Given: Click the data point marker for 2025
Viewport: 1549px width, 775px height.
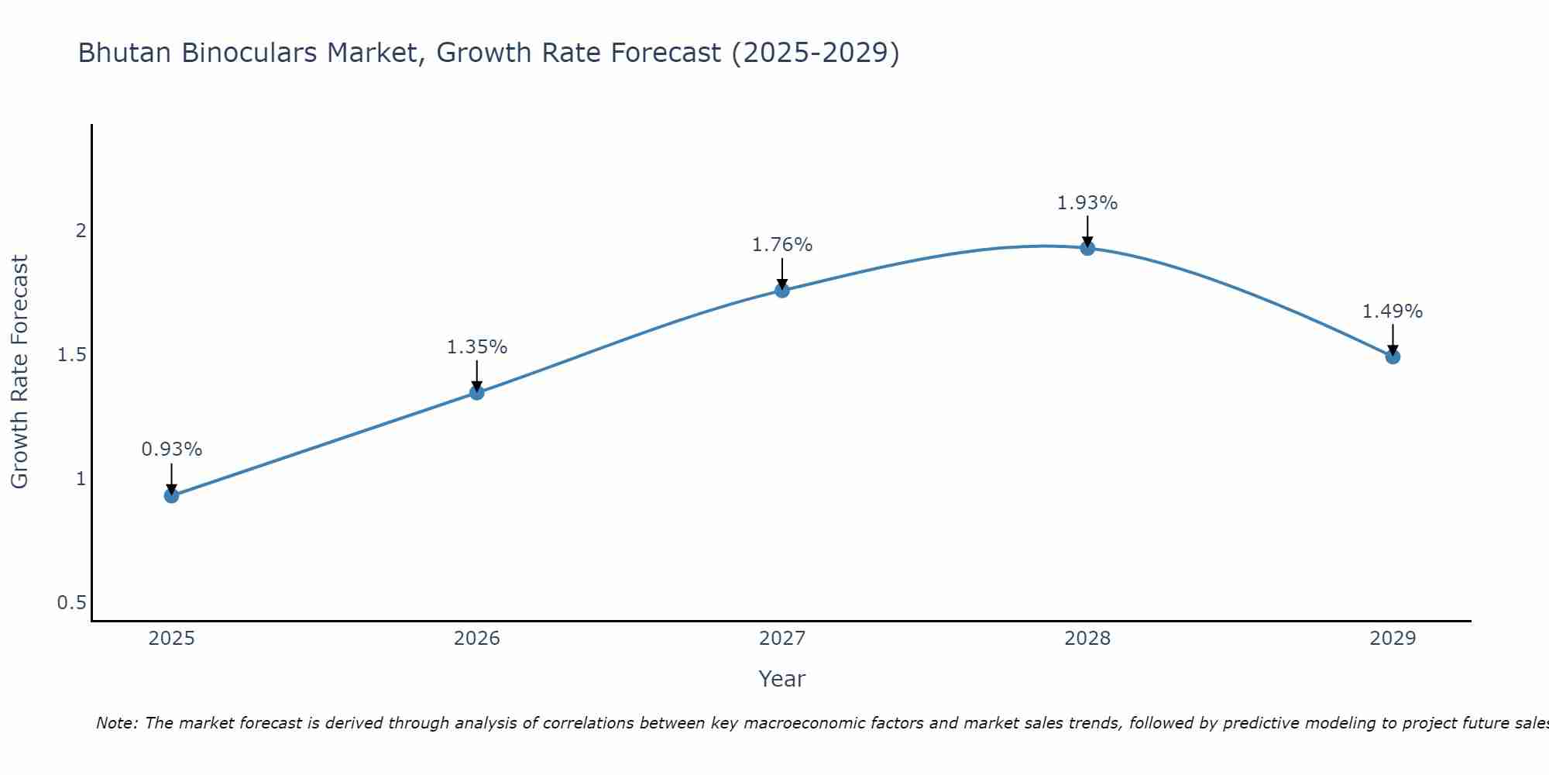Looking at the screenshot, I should pos(172,496).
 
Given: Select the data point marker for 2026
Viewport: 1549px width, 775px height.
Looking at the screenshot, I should pos(477,393).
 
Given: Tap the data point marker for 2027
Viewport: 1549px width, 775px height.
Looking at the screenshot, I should pos(782,291).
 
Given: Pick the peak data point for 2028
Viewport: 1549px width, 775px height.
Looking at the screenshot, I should pos(1087,248).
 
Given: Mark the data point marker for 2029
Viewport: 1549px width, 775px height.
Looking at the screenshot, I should pos(1393,356).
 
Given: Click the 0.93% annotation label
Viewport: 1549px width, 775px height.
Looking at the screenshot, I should pos(172,449).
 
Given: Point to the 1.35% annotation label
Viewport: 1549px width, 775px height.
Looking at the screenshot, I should pos(477,347).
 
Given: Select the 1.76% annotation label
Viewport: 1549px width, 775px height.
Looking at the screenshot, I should pos(782,245).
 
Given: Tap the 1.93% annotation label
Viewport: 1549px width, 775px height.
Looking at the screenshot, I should pos(1087,203).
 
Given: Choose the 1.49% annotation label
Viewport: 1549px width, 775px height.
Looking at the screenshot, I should pos(1393,312).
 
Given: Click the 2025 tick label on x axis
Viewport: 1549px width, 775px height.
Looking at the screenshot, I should pos(172,639).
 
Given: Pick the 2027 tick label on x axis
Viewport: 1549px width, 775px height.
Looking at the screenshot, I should pos(782,639).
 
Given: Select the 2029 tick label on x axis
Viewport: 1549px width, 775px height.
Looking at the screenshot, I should pos(1393,639).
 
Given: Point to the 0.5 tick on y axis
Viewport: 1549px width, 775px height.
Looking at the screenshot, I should pos(71,603).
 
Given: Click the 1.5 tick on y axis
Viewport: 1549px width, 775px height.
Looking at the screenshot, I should pos(71,355).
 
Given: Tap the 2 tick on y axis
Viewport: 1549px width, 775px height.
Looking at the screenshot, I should pos(81,231).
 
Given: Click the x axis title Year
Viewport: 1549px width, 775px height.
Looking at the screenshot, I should pos(782,679).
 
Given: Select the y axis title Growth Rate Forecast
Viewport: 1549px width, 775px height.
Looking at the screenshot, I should pos(19,372).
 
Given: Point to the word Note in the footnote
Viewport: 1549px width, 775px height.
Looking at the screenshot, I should pos(116,723).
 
